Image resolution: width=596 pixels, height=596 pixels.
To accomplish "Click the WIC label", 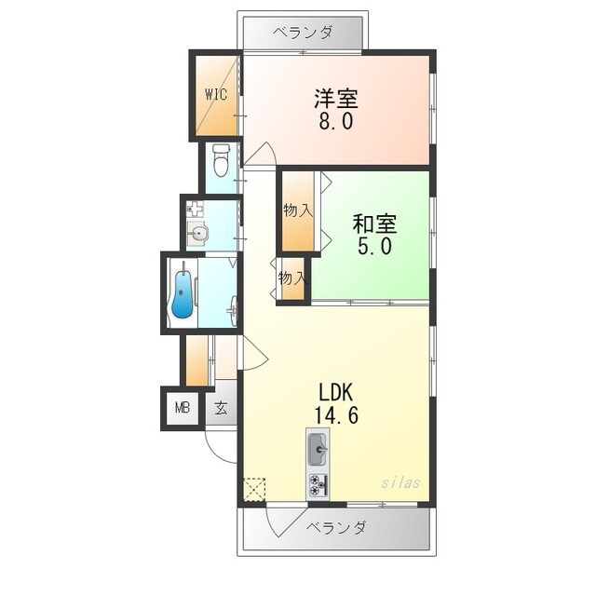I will point(215,94).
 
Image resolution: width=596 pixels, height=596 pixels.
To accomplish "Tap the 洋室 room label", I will point(335,98).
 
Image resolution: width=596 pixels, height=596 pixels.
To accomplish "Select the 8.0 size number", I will point(335,121).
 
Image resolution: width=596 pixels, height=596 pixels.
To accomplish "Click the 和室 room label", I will point(374,224).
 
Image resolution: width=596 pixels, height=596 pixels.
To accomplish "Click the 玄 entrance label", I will point(221,407).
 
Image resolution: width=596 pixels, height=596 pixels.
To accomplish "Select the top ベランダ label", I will point(303,33).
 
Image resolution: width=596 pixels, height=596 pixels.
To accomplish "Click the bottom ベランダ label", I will point(336,528).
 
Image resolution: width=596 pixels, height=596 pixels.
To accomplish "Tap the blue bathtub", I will point(183,293).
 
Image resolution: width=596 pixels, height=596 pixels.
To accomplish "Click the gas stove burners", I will point(318,483).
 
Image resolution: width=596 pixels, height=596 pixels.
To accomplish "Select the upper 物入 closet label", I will point(297,210).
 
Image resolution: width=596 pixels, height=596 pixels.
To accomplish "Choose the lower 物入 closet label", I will point(291,278).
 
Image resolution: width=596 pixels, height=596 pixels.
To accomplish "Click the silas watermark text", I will point(400,483).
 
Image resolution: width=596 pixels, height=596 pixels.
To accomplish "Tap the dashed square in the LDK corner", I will point(254,490).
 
